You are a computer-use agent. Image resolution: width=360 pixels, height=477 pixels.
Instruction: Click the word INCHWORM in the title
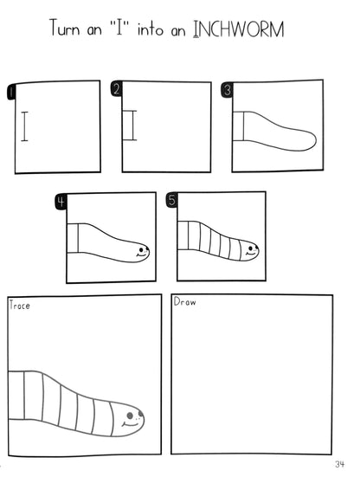click(x=239, y=29)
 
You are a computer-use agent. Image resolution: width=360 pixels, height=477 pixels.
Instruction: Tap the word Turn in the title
click(x=65, y=28)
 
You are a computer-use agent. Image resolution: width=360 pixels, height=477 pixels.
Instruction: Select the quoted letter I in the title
click(x=119, y=28)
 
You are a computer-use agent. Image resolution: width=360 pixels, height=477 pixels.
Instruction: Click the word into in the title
click(x=151, y=29)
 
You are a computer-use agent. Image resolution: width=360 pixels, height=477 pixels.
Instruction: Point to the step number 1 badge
click(x=11, y=91)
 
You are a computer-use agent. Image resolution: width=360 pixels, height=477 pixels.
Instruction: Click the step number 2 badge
click(x=117, y=89)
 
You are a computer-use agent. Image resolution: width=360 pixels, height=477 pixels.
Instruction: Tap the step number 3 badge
click(x=227, y=90)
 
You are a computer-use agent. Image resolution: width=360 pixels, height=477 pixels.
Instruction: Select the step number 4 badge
click(x=61, y=202)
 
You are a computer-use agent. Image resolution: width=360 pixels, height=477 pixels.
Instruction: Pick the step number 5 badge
click(x=172, y=200)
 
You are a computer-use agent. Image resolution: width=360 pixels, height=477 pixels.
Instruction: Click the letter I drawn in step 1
click(x=24, y=126)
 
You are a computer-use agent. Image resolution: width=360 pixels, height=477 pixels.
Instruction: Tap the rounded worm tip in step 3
click(x=316, y=140)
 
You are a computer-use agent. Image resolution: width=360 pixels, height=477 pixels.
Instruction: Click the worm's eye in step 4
click(x=141, y=248)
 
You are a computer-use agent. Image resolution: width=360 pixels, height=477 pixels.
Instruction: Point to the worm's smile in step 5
click(x=251, y=253)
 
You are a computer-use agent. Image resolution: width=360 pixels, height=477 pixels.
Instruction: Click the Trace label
click(x=19, y=305)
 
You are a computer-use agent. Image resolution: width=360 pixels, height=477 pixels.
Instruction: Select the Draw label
click(x=185, y=302)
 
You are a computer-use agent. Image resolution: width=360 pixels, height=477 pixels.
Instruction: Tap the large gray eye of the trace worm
click(x=130, y=416)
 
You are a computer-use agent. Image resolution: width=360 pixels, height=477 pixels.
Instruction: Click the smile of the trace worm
click(x=130, y=424)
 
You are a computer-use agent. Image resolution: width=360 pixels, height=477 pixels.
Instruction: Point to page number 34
click(x=339, y=464)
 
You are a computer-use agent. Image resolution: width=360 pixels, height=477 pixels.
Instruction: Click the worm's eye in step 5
click(x=251, y=247)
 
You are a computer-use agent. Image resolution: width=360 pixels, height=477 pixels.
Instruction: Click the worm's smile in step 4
click(x=141, y=255)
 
